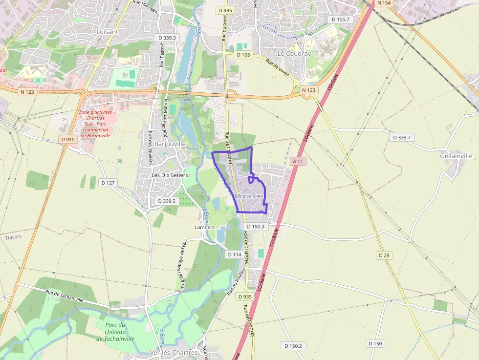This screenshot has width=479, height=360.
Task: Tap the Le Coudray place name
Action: pos(294,54)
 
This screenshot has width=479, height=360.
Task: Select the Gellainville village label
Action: pos(456,156)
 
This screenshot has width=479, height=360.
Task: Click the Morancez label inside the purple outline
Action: pos(249,196)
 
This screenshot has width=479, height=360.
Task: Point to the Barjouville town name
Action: pos(170,144)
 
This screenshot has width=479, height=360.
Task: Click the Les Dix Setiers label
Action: pos(169,175)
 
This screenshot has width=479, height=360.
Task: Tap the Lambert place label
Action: pos(204,228)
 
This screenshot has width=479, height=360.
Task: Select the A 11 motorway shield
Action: pos(298,161)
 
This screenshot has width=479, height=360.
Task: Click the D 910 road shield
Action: pos(68,139)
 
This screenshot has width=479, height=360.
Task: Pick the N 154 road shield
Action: pos(384,3)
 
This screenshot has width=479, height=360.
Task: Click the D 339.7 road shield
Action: pos(402,138)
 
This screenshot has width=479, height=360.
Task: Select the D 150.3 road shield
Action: pos(255,227)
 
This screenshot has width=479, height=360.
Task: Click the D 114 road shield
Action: pos(235,254)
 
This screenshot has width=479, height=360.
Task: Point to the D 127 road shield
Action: pos(108,182)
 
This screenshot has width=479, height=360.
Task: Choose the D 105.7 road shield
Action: pos(340,20)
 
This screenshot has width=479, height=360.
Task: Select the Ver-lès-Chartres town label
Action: pos(174,353)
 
